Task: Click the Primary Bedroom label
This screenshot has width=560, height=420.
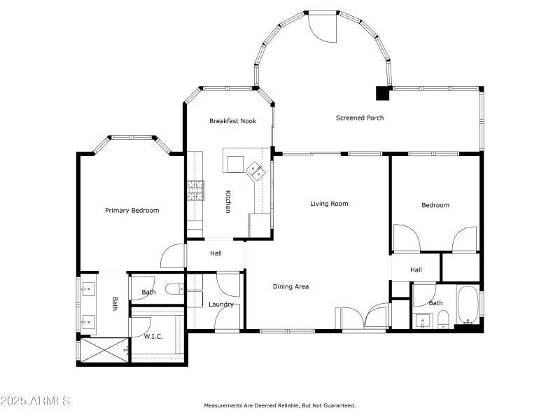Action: click(x=132, y=210)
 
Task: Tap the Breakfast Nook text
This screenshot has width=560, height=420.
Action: click(x=232, y=121)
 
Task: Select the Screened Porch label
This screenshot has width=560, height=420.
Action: click(x=359, y=118)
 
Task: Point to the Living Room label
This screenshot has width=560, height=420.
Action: click(x=329, y=204)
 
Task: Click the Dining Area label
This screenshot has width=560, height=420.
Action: click(x=290, y=286)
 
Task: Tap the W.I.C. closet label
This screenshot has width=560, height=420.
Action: click(x=153, y=337)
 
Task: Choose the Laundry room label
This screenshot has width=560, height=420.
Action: click(x=220, y=304)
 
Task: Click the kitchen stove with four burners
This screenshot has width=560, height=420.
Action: click(x=195, y=190)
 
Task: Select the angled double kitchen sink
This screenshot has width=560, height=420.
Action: click(x=254, y=170)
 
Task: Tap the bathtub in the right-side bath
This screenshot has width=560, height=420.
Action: click(x=467, y=305)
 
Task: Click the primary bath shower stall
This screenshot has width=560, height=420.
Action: click(x=104, y=350)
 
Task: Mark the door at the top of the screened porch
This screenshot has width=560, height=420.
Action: click(x=323, y=27)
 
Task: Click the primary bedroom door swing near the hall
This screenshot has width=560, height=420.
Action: click(x=173, y=256)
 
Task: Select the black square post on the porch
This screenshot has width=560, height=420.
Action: click(x=382, y=92)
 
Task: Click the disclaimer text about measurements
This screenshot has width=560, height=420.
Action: click(x=279, y=405)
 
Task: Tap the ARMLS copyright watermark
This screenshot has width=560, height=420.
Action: click(x=35, y=401)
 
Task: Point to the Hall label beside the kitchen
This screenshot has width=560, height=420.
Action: click(x=216, y=253)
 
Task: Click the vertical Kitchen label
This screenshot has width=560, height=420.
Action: click(x=227, y=202)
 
